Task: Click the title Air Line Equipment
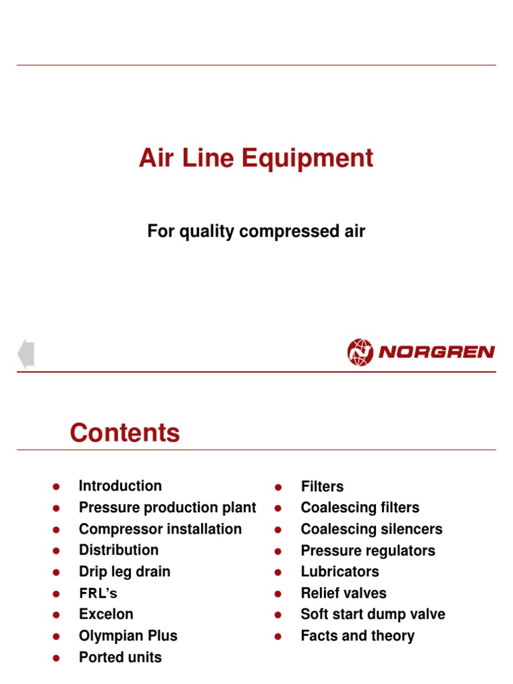coord(256,159)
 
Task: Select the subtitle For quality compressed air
coord(256,232)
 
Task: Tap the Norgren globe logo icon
coord(360,352)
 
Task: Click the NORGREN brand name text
coord(436,352)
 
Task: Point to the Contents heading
coord(125,434)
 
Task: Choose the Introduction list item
coord(120,486)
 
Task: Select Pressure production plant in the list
coord(167,508)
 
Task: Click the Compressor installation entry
coord(160,529)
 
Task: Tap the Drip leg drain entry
coord(124,572)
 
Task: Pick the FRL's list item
coord(98,593)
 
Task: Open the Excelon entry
coord(106,615)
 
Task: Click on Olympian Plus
coord(128,636)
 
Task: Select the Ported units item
coord(120,657)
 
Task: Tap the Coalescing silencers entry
coord(371,529)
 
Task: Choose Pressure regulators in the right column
coord(367,551)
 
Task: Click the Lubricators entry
coord(340,572)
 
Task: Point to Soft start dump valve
coord(373,615)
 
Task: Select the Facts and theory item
coord(357,636)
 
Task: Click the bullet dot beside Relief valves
coord(279,594)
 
